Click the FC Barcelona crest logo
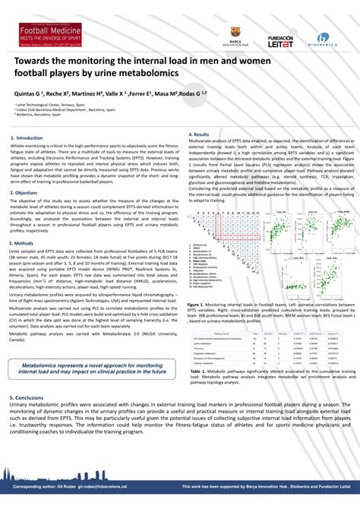coord(235,33)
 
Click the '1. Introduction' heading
coord(28,138)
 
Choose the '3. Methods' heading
coord(26,242)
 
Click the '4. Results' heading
coord(200,134)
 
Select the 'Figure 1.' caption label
coord(198,302)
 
